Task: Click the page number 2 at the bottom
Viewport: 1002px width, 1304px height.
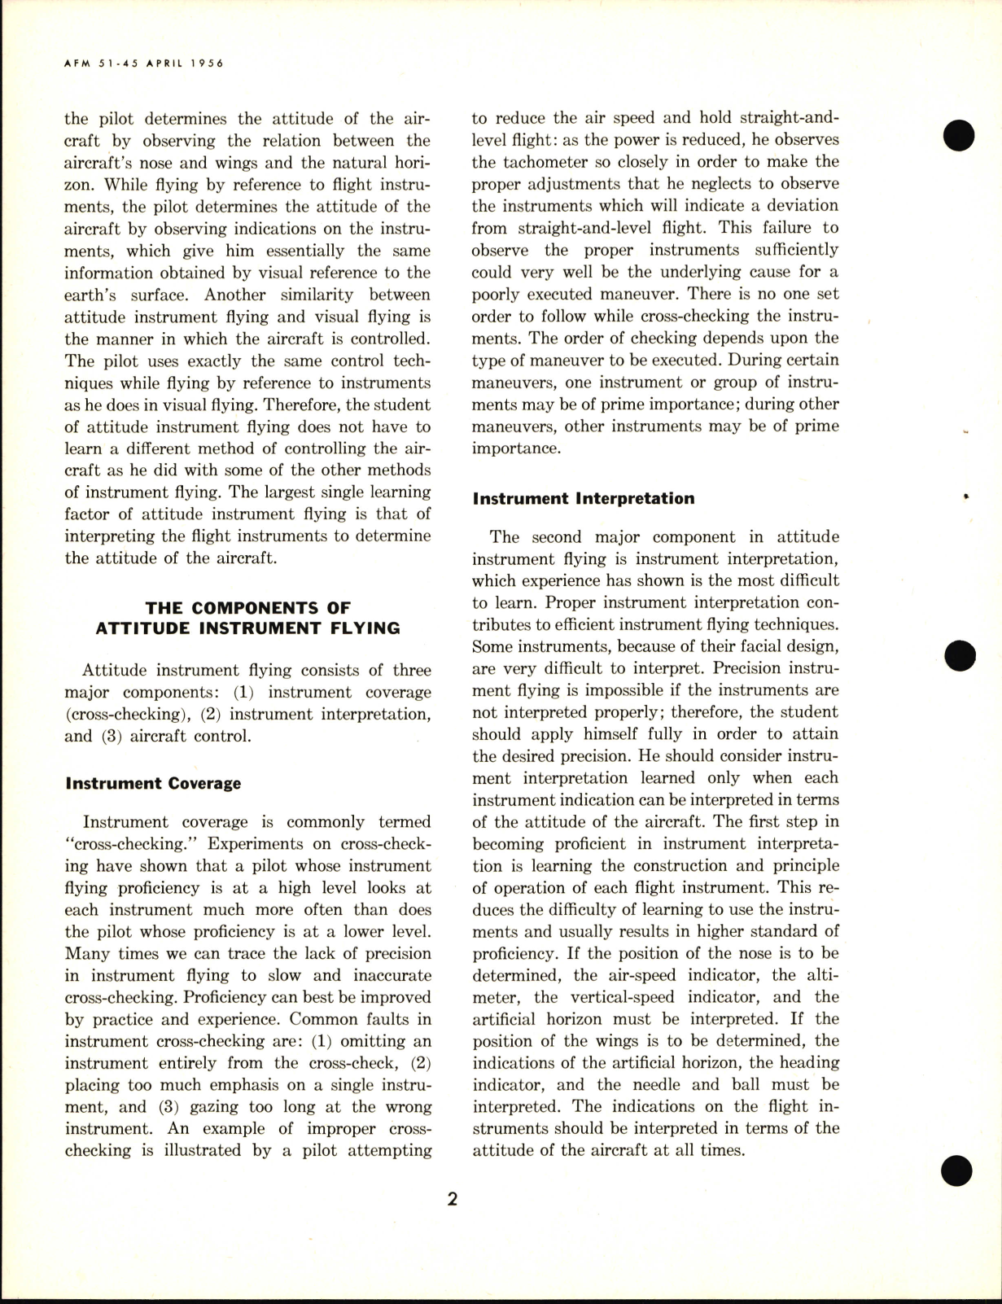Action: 452,1199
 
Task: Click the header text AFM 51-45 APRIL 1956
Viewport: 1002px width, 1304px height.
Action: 143,63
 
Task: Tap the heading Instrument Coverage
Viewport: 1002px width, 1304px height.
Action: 153,784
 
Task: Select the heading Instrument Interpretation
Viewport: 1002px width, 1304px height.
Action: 584,498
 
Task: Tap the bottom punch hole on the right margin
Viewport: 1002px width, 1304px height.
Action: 957,1171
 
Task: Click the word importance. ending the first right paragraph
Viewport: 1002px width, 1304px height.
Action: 516,449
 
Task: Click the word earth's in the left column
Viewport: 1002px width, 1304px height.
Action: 90,295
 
